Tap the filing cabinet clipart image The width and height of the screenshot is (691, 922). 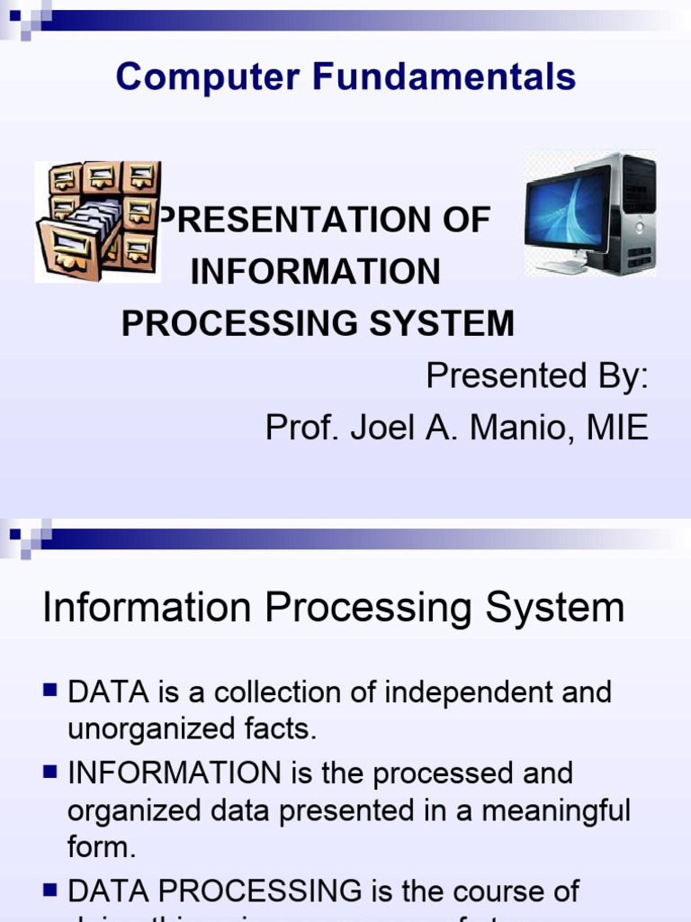point(98,221)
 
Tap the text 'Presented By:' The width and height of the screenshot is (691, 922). point(537,376)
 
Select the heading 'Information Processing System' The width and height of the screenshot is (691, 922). point(333,608)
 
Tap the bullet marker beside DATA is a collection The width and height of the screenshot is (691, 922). point(49,691)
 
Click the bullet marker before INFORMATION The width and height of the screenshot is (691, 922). point(49,771)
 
